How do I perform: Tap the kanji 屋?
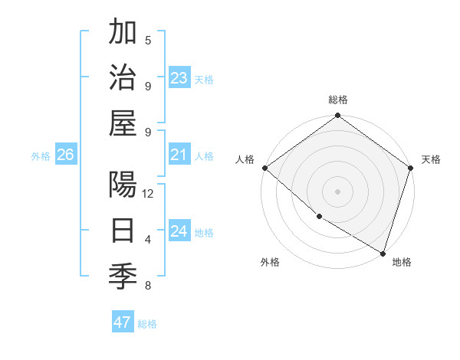(x=123, y=123)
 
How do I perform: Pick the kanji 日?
(x=123, y=231)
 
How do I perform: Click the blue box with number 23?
(x=179, y=77)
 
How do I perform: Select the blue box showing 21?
(x=179, y=155)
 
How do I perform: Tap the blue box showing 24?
(x=179, y=232)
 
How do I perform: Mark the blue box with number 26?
(x=65, y=155)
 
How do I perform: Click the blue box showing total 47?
(x=123, y=322)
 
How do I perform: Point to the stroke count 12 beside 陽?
(x=148, y=194)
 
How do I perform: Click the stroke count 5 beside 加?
(x=148, y=41)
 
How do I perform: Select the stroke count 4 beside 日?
(x=148, y=240)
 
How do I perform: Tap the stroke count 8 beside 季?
(x=148, y=286)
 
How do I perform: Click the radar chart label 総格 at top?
(x=338, y=100)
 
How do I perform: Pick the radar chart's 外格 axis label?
(x=270, y=262)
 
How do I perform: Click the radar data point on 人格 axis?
(x=264, y=168)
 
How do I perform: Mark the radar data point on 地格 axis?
(x=383, y=252)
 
